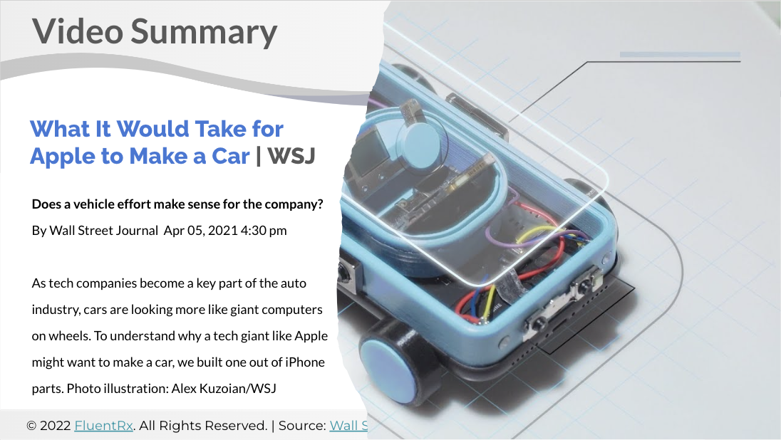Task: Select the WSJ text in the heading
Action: tap(291, 156)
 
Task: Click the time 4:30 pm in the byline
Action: tap(264, 231)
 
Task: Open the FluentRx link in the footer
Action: tap(103, 426)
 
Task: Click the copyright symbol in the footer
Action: tap(31, 426)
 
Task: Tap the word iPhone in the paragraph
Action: tap(304, 362)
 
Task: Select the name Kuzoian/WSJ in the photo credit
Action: tap(237, 388)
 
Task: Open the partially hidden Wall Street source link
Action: tap(348, 426)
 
